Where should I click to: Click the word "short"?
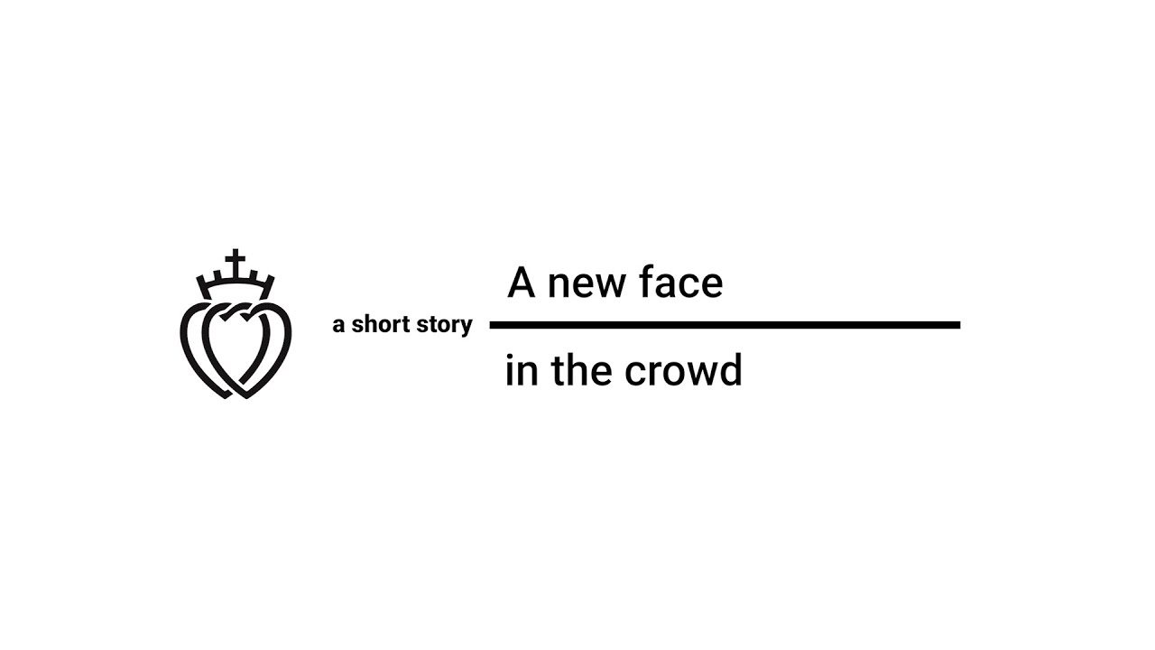tap(380, 325)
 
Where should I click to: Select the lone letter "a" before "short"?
tap(338, 327)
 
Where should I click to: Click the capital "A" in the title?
tap(522, 283)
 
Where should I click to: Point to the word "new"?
tap(586, 285)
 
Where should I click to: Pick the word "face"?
tap(683, 283)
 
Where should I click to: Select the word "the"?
tap(579, 371)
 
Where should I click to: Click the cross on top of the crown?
tap(236, 263)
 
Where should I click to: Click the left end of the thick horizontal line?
tap(493, 325)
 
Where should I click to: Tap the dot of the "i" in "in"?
tap(509, 357)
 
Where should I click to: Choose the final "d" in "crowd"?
tap(731, 371)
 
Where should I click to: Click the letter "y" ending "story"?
tap(466, 328)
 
